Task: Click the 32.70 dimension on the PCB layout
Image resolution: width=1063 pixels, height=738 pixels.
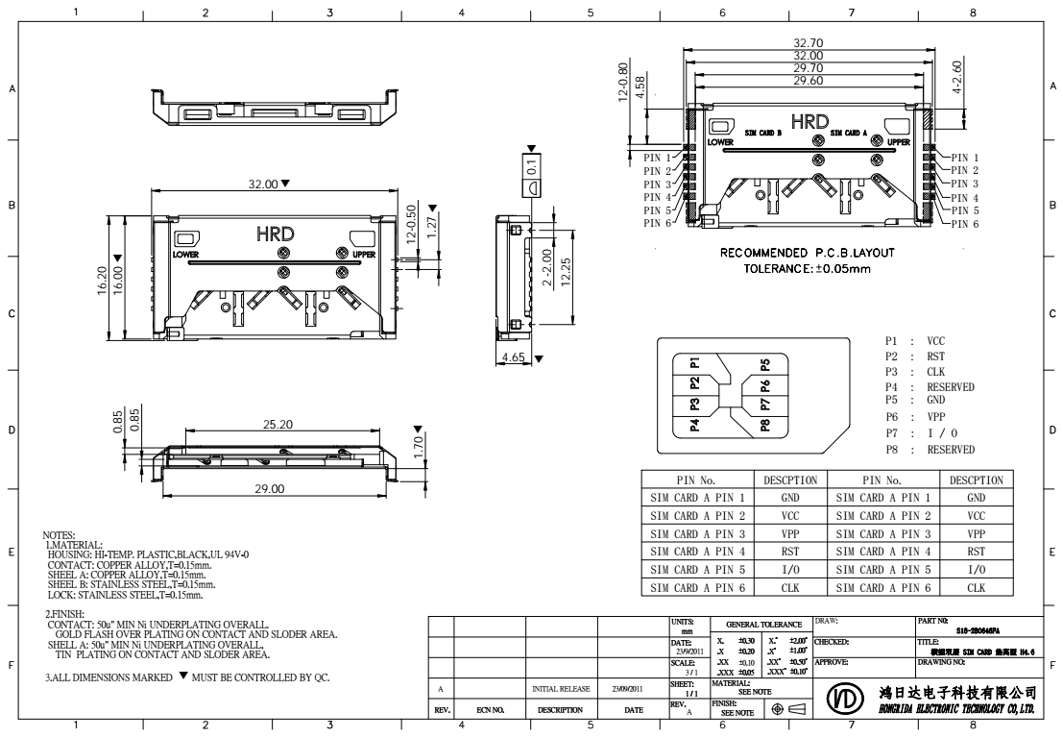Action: coord(806,43)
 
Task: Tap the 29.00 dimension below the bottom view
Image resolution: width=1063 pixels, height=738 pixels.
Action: coord(269,489)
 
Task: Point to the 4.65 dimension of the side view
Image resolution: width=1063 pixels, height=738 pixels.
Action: coord(514,357)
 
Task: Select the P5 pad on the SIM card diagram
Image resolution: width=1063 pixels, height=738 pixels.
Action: coord(765,364)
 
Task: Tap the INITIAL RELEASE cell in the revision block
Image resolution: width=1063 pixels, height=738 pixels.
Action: coord(561,689)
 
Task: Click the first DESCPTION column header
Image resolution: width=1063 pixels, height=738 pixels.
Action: coord(789,480)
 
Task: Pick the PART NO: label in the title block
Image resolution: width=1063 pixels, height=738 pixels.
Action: coord(932,622)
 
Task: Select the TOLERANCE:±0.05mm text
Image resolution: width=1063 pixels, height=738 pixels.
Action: coord(806,268)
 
